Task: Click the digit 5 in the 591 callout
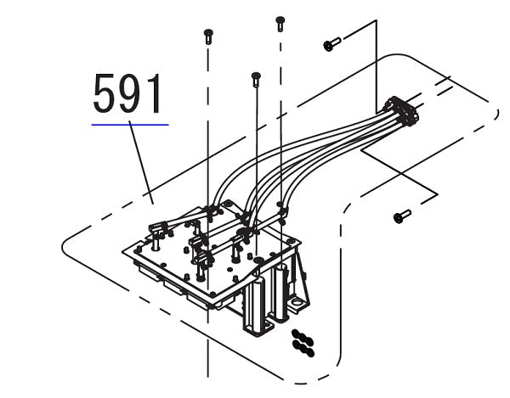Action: coord(105,95)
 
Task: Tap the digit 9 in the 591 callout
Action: coord(131,95)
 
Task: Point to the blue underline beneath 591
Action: coord(130,124)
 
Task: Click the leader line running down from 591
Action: coord(141,161)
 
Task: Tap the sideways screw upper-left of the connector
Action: coord(331,42)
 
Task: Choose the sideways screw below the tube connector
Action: coord(402,216)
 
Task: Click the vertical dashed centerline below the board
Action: coord(208,356)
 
